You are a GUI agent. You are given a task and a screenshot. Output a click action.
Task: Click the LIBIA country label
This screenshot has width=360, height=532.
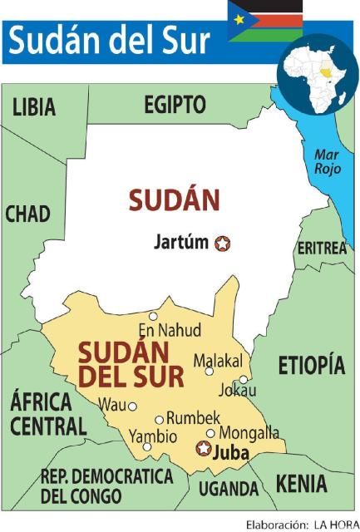[x=34, y=107]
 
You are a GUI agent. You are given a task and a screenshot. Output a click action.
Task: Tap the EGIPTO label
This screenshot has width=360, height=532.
[x=175, y=105]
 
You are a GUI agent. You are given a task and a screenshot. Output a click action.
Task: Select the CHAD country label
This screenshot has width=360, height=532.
[x=27, y=214]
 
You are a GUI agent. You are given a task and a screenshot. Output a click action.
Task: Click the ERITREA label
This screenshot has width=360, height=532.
[x=321, y=248]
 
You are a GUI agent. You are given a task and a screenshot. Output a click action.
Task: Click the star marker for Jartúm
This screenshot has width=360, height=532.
[x=222, y=244]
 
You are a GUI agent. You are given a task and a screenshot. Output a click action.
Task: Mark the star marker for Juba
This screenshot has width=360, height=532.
[x=202, y=449]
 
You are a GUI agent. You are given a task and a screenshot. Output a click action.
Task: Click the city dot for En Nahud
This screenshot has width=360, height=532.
[x=153, y=316]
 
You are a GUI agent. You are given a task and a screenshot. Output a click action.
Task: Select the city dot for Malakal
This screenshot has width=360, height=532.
[x=210, y=371]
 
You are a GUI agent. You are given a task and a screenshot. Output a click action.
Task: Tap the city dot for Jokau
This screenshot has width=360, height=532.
[x=244, y=379]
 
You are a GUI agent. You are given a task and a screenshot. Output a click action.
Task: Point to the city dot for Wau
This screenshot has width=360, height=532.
[x=132, y=406]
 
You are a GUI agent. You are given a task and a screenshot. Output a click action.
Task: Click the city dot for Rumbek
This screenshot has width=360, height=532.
[x=160, y=420]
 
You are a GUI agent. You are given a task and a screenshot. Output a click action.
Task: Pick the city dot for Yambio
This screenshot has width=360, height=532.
[x=147, y=446]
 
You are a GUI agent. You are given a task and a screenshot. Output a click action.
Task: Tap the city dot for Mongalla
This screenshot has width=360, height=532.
[x=210, y=432]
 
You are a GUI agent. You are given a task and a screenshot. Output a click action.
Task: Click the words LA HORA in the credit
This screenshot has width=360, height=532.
[x=335, y=525]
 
